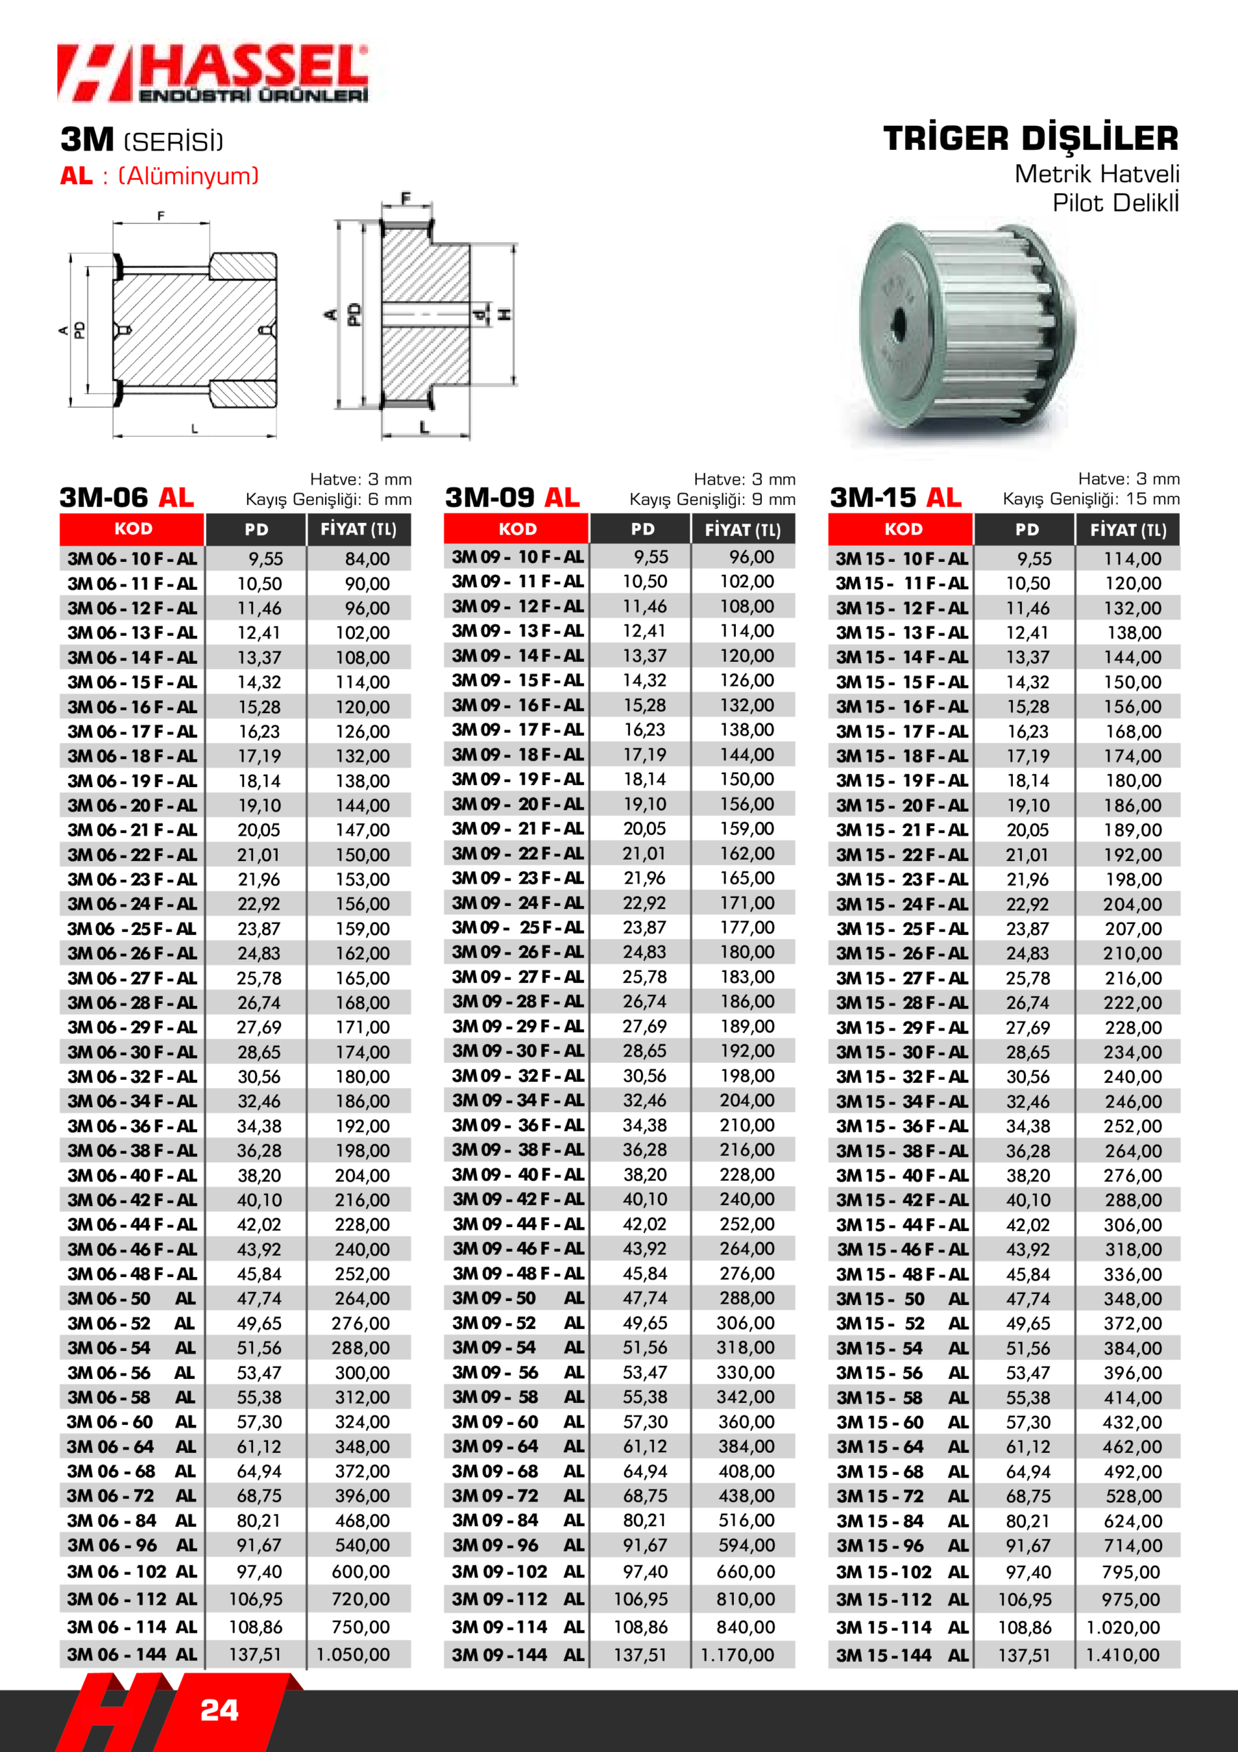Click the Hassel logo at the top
(x=212, y=73)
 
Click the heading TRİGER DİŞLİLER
(x=1031, y=139)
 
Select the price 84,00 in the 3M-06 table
(x=367, y=558)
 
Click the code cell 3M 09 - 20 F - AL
(x=517, y=804)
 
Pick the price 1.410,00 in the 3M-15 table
(x=1122, y=1655)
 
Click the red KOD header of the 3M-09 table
(x=517, y=529)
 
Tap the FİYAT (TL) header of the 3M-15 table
(x=1127, y=530)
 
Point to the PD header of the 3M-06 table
(x=256, y=530)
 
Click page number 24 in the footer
(x=219, y=1710)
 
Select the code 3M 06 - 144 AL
(x=131, y=1654)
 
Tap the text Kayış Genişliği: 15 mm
(x=1091, y=499)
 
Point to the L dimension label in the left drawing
(x=194, y=429)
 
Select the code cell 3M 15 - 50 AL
(x=901, y=1299)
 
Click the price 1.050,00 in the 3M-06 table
(x=352, y=1654)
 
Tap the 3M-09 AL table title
(x=512, y=498)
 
